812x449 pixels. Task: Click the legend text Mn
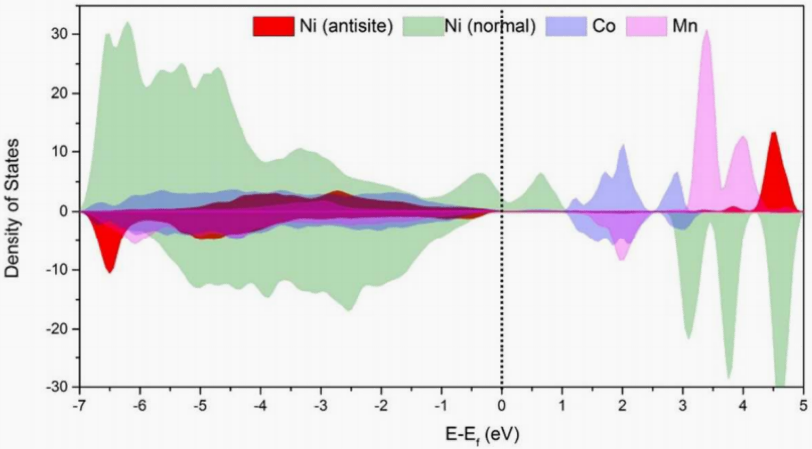pyautogui.click(x=685, y=26)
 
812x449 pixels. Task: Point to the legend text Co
pyautogui.click(x=604, y=26)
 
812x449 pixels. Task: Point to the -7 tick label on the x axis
pyautogui.click(x=80, y=406)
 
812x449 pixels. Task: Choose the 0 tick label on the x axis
pyautogui.click(x=502, y=406)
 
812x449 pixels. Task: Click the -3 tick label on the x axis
pyautogui.click(x=321, y=406)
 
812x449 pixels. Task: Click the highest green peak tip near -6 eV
pyautogui.click(x=128, y=22)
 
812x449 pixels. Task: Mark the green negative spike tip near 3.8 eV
pyautogui.click(x=729, y=378)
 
